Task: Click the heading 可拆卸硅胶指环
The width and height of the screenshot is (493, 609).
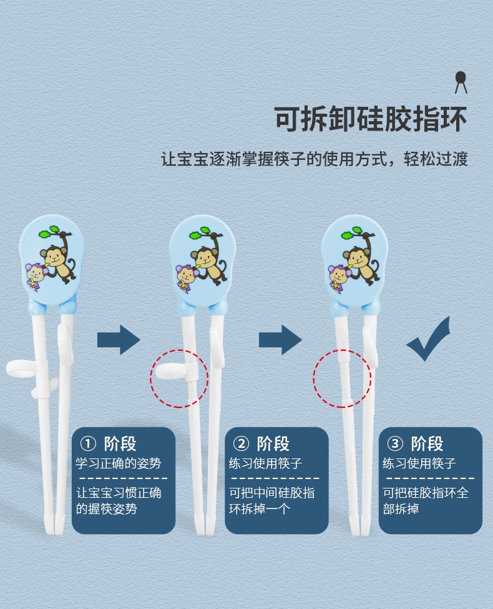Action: point(371,119)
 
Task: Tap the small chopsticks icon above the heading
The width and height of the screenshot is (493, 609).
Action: point(461,82)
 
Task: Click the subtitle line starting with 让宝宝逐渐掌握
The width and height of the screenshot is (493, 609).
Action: point(315,159)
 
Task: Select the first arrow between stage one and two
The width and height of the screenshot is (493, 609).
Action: point(119,340)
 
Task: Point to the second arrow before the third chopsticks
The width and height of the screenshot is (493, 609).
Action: point(280,340)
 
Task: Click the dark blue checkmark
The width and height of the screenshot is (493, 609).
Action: point(428,339)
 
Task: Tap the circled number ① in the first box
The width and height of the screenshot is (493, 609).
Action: point(88,443)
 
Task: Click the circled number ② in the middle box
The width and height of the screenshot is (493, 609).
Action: point(241,443)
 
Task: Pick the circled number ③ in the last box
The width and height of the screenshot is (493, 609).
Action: point(395,443)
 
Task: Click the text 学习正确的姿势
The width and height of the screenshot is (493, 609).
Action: point(119,463)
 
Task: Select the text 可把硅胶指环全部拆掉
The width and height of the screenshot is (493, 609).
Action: point(426,501)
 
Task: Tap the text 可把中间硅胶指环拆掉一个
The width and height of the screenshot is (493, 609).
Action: point(271,501)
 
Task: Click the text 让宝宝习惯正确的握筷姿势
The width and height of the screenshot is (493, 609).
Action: point(119,501)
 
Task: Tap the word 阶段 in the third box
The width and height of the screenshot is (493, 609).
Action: point(427,443)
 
